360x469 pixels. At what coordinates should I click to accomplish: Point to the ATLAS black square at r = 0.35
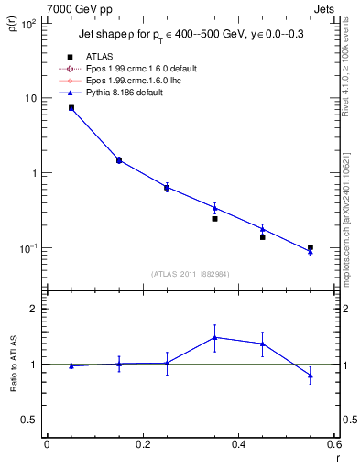coord(214,219)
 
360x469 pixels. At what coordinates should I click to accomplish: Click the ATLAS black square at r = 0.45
coord(262,237)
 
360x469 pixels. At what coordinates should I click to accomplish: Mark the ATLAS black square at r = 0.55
coord(311,247)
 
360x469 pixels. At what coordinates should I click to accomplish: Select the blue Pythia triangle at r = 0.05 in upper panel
coord(71,108)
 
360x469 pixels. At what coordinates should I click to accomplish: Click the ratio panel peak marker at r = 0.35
coord(214,337)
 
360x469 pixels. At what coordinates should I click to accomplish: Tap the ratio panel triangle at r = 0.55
coord(311,375)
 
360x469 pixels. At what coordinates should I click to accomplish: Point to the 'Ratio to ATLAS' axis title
coord(13,390)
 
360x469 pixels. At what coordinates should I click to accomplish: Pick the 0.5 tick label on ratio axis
coord(27,420)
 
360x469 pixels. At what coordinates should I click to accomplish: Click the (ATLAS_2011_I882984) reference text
coord(190,273)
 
